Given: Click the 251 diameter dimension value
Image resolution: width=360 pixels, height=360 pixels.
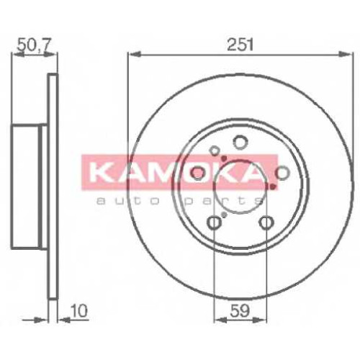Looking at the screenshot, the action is [240, 45].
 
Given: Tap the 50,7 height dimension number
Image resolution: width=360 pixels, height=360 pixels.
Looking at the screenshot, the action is [34, 45].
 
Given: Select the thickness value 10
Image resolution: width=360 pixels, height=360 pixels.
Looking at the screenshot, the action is [78, 311].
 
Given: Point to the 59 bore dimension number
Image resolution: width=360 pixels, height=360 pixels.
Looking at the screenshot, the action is [240, 311].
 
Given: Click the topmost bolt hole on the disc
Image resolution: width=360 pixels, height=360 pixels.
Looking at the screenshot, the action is [240, 142].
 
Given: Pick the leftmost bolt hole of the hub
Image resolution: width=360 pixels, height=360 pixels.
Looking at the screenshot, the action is [198, 174].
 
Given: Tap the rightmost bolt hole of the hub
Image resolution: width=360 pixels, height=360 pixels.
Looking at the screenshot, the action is [283, 173].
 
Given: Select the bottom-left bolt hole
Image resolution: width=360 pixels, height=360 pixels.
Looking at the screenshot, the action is [214, 222].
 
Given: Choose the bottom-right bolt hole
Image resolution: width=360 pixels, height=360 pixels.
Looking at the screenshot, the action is [266, 222].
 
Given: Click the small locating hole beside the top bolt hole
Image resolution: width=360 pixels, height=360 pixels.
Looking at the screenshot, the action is [215, 151].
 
